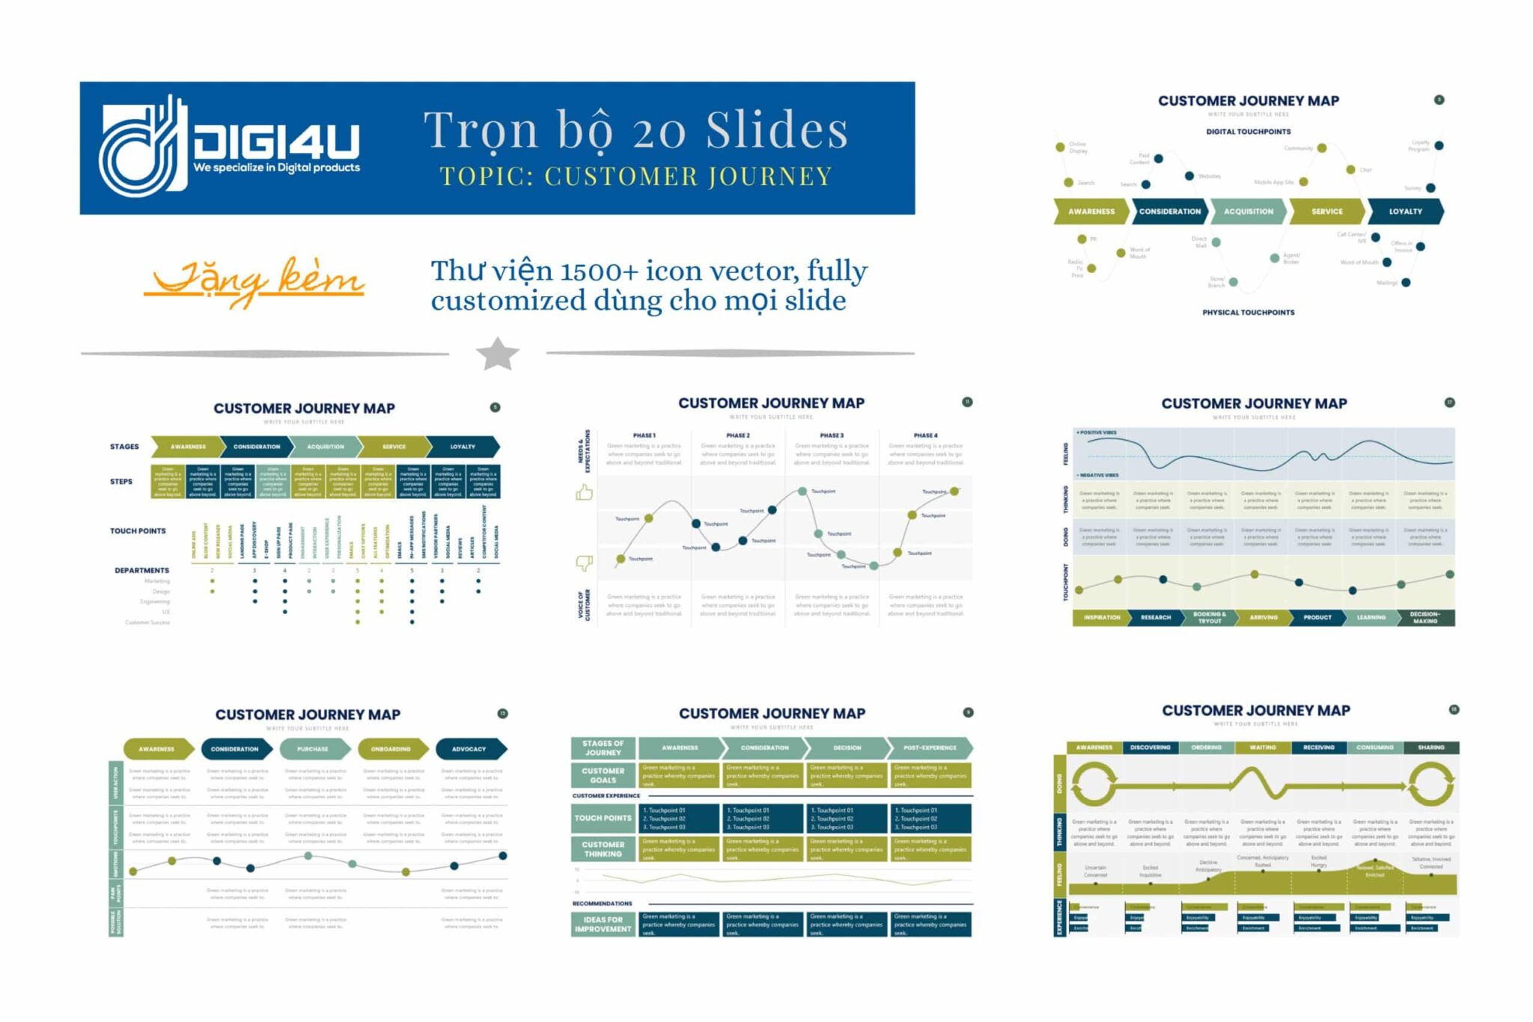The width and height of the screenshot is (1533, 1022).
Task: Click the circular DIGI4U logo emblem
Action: (142, 147)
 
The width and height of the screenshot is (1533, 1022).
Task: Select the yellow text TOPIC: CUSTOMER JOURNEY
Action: (636, 177)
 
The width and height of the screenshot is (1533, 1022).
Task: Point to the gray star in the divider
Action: (497, 353)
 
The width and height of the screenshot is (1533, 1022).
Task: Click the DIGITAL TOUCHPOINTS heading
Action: (1248, 132)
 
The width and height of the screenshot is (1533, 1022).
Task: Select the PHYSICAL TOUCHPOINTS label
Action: (1248, 313)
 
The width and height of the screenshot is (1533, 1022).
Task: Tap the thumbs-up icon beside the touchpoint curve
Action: (584, 492)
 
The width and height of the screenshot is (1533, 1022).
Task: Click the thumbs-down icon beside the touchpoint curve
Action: (584, 563)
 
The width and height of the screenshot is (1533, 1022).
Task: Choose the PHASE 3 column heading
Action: (831, 435)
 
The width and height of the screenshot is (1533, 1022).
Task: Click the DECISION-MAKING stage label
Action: (1424, 618)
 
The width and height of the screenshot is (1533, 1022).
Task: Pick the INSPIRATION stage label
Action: (1102, 618)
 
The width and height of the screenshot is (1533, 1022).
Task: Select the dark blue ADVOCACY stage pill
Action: (469, 749)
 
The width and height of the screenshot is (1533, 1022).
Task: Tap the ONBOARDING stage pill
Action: (391, 749)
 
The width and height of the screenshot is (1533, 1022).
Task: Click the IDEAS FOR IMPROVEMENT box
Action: (603, 925)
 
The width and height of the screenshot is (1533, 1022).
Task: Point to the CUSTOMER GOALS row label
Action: (603, 775)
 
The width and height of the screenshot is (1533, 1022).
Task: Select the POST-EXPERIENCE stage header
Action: (930, 748)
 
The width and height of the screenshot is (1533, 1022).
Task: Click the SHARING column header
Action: (1430, 747)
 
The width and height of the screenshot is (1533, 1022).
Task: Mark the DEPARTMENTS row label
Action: (141, 571)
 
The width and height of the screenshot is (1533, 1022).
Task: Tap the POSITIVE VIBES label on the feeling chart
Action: (1097, 433)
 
